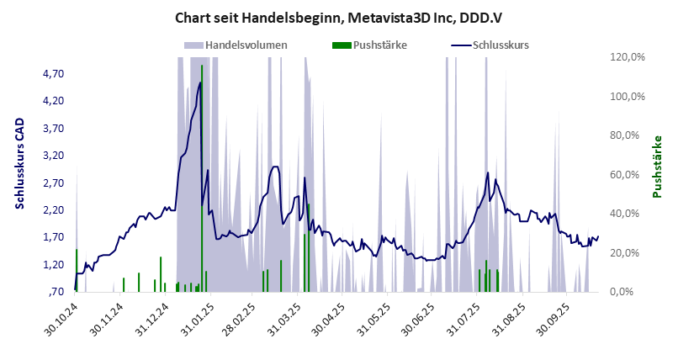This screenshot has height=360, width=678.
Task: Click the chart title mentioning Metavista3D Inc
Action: coord(339,18)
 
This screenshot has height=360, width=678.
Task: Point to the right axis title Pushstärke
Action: coord(658,167)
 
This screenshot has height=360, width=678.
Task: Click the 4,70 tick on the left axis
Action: coord(52,74)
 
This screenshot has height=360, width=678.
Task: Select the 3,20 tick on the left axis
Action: coord(52,156)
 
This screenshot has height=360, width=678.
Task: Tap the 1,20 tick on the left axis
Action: coord(52,265)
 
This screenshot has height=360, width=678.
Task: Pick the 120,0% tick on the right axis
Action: coord(627,57)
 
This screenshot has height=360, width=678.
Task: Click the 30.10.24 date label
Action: coord(63,320)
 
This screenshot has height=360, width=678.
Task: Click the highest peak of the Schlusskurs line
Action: coord(200,82)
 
